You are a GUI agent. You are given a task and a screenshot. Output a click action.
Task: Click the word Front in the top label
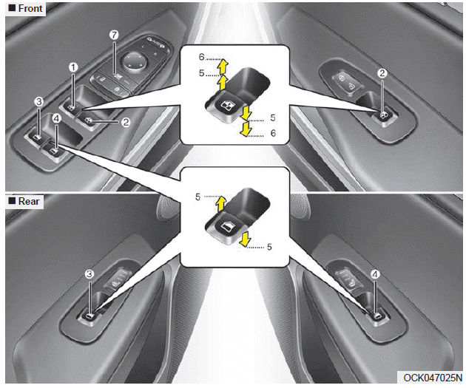[30, 8]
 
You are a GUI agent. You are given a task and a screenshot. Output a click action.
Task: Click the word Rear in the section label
[29, 201]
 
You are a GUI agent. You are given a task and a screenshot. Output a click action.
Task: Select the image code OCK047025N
[433, 378]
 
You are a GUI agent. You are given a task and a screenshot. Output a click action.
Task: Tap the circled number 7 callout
[114, 35]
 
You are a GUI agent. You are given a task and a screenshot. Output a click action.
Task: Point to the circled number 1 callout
[73, 68]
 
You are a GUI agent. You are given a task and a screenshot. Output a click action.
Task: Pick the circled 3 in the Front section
[39, 102]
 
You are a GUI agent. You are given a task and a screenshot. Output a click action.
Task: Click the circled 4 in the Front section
[56, 119]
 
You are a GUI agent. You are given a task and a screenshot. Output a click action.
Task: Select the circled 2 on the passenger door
[382, 73]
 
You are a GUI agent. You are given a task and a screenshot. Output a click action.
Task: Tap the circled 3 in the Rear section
[90, 274]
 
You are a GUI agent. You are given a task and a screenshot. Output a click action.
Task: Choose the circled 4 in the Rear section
[375, 274]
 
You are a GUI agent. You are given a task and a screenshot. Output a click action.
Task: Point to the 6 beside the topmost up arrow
[202, 57]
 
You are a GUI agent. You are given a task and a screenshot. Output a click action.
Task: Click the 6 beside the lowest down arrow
[273, 133]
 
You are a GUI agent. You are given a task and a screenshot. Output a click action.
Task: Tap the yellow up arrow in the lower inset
[221, 205]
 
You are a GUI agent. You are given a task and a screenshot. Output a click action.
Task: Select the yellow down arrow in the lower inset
[245, 239]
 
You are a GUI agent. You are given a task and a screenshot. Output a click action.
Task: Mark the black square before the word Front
[12, 8]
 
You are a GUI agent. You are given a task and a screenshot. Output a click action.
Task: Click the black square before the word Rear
[12, 201]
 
